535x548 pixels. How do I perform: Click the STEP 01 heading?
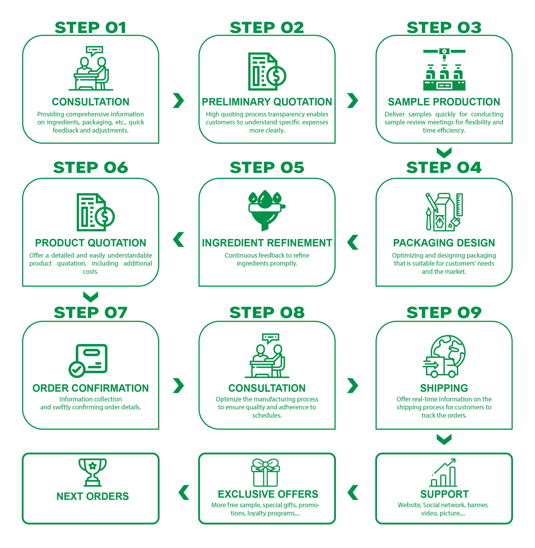coord(90,28)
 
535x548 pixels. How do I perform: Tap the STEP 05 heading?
coord(267,168)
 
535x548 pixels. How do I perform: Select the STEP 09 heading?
coord(444,312)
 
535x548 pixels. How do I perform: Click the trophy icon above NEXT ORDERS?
coord(93,472)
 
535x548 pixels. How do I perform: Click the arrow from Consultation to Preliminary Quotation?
coord(178,100)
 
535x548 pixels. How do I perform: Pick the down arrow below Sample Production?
coord(444,152)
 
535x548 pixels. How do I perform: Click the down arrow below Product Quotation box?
coord(90,297)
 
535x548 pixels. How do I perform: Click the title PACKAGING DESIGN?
coord(444,243)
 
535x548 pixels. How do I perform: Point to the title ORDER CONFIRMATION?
coord(90,388)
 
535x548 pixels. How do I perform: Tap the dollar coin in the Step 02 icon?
coord(276,76)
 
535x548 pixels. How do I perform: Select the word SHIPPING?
coord(444,388)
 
